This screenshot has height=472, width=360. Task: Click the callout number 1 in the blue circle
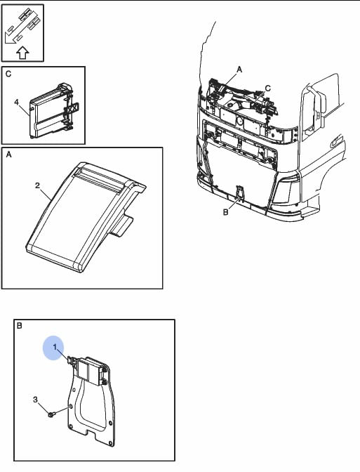point(55,347)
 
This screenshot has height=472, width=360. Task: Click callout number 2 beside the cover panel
point(37,185)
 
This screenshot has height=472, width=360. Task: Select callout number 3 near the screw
point(36,400)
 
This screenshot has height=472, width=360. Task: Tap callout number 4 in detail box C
point(17,103)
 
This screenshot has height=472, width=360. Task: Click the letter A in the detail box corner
point(8,155)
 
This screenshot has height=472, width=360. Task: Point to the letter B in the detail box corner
point(19,326)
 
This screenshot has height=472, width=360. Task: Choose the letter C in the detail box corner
point(8,74)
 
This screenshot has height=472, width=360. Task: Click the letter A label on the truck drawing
point(239,70)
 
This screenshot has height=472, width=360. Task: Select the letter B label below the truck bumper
point(225,212)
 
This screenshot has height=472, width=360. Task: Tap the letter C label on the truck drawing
point(267,88)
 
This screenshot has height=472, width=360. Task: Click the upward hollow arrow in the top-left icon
point(22,53)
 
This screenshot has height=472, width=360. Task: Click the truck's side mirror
point(314,107)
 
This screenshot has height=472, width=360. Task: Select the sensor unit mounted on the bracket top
point(91,370)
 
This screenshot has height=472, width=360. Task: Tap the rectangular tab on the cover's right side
point(121,226)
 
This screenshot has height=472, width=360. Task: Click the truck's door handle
point(336,141)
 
